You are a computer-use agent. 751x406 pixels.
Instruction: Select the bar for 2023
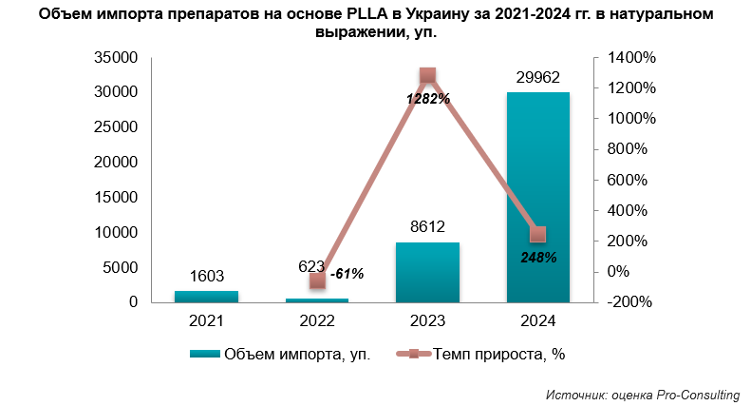pos(427,272)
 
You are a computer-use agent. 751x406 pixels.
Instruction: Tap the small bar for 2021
pos(207,297)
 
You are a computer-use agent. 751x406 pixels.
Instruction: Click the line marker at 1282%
pos(427,76)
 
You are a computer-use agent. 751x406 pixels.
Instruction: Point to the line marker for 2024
pos(538,234)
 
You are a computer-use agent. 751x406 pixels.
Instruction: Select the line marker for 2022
pos(317,280)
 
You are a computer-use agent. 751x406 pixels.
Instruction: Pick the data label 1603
pos(207,277)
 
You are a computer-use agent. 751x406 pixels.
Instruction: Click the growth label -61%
pos(347,275)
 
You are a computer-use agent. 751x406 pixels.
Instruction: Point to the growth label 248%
pos(537,257)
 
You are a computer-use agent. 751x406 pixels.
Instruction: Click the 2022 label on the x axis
pos(317,321)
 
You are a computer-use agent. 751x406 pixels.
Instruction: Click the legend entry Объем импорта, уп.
pos(280,355)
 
